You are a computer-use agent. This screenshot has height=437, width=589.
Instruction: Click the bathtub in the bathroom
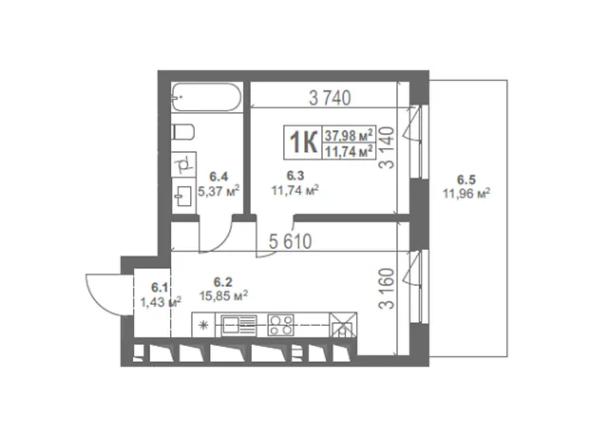[206, 97]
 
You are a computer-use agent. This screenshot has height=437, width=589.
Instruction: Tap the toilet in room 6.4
[182, 132]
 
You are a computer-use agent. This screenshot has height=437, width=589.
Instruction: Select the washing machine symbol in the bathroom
[184, 164]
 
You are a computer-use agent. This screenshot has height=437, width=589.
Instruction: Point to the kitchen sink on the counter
[238, 325]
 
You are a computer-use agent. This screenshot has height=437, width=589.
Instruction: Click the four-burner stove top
[280, 325]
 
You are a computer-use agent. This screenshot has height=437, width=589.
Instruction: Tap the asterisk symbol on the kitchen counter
[203, 325]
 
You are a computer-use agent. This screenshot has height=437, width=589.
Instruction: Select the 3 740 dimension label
[330, 98]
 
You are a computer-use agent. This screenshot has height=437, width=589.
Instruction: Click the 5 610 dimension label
[291, 241]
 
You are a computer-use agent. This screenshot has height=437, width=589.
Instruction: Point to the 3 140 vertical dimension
[387, 147]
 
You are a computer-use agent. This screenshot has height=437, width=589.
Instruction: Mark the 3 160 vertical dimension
[387, 288]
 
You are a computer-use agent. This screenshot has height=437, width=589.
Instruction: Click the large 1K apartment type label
[303, 142]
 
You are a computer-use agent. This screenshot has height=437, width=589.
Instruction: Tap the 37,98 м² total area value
[349, 134]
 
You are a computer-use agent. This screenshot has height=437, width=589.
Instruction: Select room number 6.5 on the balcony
[466, 180]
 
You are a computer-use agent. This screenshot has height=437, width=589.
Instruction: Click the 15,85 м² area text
[223, 295]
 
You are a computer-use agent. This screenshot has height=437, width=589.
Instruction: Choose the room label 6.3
[295, 176]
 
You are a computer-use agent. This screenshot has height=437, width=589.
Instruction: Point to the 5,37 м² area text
[218, 192]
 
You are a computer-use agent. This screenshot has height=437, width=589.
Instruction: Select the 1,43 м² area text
[161, 302]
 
